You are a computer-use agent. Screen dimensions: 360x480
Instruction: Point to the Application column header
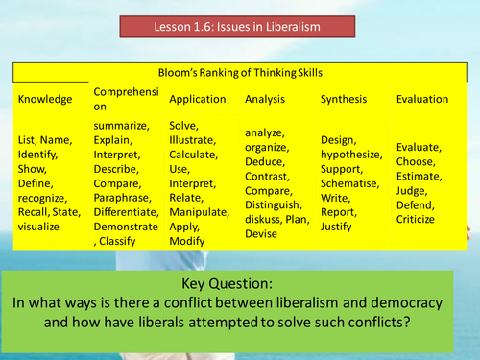coord(198,99)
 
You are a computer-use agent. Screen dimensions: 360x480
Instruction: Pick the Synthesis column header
coord(347,99)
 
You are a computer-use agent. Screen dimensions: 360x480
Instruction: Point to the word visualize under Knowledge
coord(39,227)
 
